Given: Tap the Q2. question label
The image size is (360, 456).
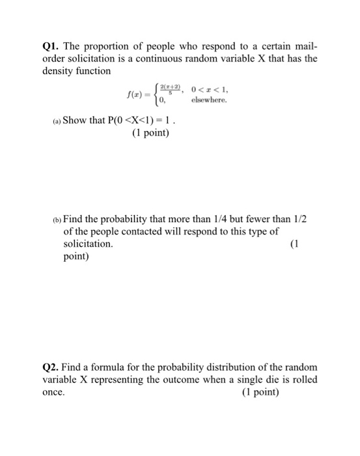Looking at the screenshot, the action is pos(52,367).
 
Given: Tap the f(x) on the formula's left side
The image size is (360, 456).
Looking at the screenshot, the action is pos(133,98).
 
